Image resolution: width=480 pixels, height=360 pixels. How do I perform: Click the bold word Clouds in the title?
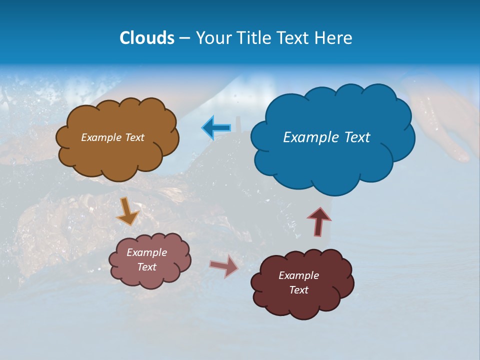[146, 38]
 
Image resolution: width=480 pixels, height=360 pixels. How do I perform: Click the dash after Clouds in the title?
[184, 38]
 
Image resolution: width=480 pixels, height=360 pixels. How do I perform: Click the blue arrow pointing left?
[216, 127]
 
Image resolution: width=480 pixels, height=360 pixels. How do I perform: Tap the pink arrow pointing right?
[224, 266]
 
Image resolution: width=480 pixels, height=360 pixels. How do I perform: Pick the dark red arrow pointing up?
[319, 221]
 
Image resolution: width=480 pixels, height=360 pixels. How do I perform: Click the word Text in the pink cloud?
[147, 267]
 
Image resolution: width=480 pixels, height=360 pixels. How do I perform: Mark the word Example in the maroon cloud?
[298, 275]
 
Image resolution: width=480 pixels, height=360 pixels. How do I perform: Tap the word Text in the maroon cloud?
[298, 290]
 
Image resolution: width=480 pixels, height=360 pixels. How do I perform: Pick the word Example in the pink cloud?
[146, 252]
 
